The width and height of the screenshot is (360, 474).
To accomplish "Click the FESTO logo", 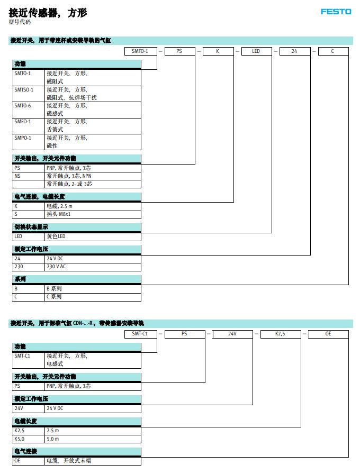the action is point(336,12).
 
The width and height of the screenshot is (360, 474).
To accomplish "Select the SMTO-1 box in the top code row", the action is point(141,51).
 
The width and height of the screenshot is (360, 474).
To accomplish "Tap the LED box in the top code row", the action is point(256,51).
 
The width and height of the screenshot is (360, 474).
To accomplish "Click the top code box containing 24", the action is point(295,51).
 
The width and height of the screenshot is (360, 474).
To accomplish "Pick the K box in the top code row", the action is point(218,51).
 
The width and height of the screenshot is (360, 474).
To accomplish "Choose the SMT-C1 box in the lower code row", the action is point(141,334).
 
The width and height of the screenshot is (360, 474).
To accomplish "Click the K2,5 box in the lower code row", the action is point(281,334).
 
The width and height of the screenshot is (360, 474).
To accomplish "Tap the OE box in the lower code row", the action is point(328,334).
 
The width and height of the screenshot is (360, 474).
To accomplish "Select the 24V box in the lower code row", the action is point(232,334).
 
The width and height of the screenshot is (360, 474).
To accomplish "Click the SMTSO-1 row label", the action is point(24,90).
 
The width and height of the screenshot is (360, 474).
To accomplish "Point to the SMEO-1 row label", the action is point(23,122).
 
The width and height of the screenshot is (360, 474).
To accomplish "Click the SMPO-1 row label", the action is point(23,138).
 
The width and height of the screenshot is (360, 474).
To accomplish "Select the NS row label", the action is point(17,176).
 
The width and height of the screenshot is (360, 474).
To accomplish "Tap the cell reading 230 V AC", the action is point(56,267).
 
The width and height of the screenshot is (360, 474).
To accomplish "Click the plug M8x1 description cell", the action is point(58,214).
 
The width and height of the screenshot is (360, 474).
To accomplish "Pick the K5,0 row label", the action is point(20,439).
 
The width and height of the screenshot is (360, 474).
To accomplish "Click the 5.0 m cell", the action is point(52,439).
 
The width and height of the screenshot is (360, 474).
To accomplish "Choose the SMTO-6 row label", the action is point(23,106).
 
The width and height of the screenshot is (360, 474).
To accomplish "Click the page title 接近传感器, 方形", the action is point(48,13).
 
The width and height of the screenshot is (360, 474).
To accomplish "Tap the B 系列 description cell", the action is point(54,289).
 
